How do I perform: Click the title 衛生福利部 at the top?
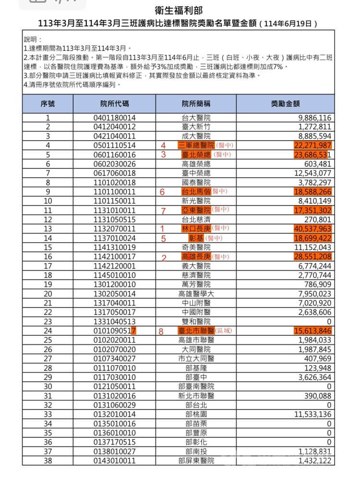(x=180, y=11)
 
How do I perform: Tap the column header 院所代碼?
(x=115, y=104)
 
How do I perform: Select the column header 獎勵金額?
(x=285, y=104)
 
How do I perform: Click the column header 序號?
(x=48, y=104)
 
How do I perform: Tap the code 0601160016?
(x=115, y=155)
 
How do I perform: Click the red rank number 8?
(x=161, y=331)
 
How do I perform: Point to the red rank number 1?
(x=162, y=229)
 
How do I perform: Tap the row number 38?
(x=48, y=461)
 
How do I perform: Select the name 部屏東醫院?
(x=196, y=461)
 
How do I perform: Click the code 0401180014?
(x=115, y=118)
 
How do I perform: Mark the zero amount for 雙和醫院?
(x=329, y=321)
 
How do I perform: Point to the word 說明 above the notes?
(x=33, y=39)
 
